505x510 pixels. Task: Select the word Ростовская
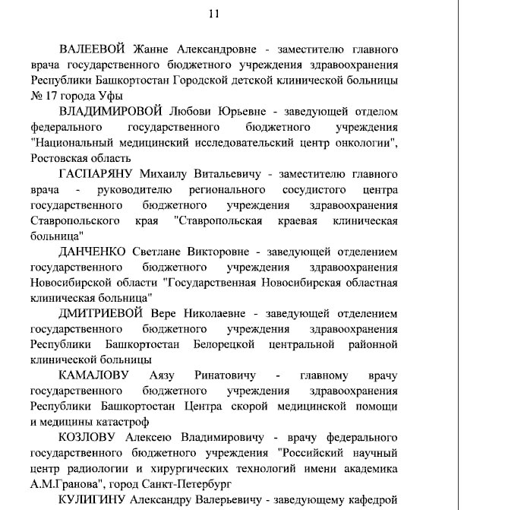point(64,157)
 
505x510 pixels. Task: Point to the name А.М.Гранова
point(66,483)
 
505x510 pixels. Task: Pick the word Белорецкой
point(222,344)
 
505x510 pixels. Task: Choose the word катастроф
point(118,422)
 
